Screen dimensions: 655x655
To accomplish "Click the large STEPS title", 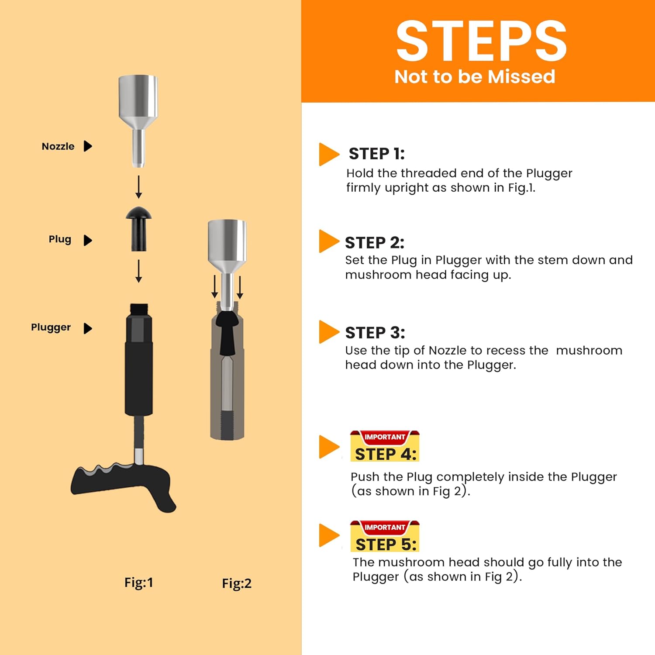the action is click(x=481, y=41).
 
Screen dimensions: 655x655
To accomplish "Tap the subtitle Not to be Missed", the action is click(x=475, y=76).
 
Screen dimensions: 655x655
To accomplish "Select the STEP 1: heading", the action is click(x=376, y=154).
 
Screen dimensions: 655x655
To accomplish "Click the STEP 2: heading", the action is click(x=375, y=242).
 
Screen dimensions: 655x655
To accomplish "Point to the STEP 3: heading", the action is click(x=375, y=333).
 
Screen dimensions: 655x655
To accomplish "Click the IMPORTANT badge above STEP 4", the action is click(x=385, y=437).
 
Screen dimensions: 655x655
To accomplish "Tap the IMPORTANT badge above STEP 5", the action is click(x=385, y=527).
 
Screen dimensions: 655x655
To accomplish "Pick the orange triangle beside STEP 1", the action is click(x=329, y=154).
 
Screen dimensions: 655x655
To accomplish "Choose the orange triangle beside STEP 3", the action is click(x=329, y=332).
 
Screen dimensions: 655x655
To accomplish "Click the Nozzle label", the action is click(x=58, y=146).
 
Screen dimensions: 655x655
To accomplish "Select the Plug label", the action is click(x=60, y=239).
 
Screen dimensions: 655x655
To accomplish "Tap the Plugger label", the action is click(x=51, y=327).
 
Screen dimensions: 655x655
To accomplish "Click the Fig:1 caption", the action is click(x=139, y=583).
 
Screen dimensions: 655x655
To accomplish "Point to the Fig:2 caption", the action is click(x=237, y=583).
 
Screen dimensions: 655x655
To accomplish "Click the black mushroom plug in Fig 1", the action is click(x=139, y=228).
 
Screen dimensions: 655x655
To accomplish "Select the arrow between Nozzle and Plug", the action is click(x=138, y=187).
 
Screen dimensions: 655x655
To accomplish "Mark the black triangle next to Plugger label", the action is click(x=88, y=328).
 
